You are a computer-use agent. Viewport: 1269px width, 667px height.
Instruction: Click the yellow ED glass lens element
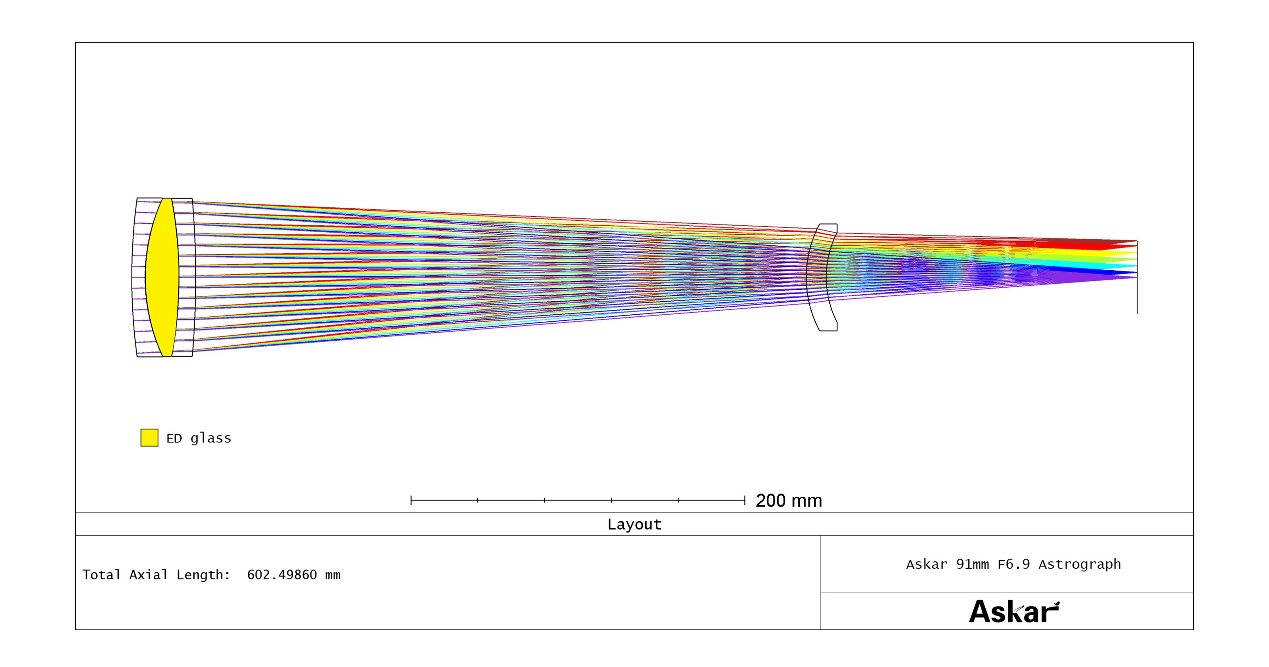coord(162,277)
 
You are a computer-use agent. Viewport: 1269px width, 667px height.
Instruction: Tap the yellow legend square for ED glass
coord(149,438)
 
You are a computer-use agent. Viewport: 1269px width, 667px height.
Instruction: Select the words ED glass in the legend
coord(198,438)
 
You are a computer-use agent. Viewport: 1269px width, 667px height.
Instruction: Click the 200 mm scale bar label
coord(789,500)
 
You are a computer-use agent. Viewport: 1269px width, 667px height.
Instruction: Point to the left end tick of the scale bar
coord(411,500)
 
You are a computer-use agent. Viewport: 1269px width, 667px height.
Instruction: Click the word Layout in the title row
coord(634,524)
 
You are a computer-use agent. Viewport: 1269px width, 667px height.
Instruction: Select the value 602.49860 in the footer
coord(282,575)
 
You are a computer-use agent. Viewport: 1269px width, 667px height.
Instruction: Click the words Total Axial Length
coord(156,575)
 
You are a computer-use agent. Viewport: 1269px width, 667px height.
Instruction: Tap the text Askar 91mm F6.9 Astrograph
coord(1013,564)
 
